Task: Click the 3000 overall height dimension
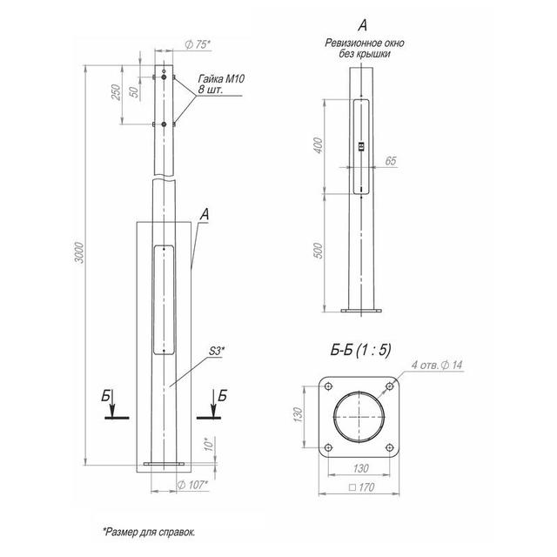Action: (79, 252)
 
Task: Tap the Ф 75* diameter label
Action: (198, 44)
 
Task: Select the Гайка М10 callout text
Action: (221, 78)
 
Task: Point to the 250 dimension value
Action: (116, 92)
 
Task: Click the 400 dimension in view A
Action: (319, 145)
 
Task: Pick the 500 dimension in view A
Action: (319, 251)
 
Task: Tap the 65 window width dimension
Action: (391, 161)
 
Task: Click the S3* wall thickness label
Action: (216, 351)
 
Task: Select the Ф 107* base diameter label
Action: (192, 485)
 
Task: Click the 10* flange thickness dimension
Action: (210, 444)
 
